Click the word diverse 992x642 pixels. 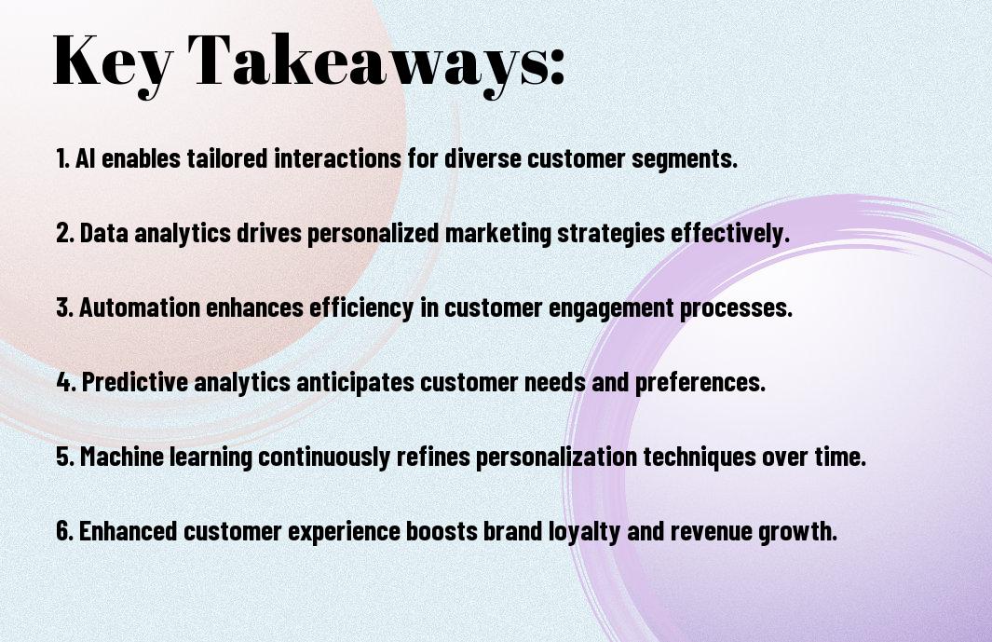pos(482,157)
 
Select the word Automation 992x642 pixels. pos(140,307)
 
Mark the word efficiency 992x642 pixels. pos(361,308)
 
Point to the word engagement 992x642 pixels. pos(611,308)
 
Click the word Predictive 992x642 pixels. pos(135,381)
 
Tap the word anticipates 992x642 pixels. pos(355,382)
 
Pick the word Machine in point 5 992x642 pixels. pos(122,456)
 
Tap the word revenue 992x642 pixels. pos(711,531)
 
